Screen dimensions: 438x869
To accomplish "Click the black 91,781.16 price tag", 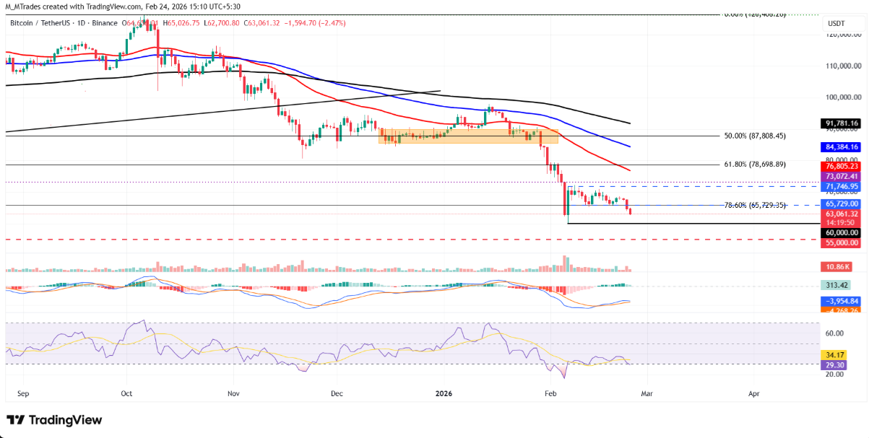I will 842,123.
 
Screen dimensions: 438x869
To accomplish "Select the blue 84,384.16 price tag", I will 842,147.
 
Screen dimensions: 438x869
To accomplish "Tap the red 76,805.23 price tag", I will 842,165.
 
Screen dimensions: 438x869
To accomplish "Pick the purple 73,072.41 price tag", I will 842,176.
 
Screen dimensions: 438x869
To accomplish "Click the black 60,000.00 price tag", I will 842,233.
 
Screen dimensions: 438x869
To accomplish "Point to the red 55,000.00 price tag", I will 842,243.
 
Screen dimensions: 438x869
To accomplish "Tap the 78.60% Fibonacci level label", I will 764,206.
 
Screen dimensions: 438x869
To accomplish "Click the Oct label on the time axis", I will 126,394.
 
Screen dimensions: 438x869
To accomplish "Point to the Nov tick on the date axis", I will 233,394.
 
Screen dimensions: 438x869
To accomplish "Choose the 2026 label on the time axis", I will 444,394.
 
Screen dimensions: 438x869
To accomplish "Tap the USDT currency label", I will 836,24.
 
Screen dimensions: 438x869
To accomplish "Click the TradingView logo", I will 54,420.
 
